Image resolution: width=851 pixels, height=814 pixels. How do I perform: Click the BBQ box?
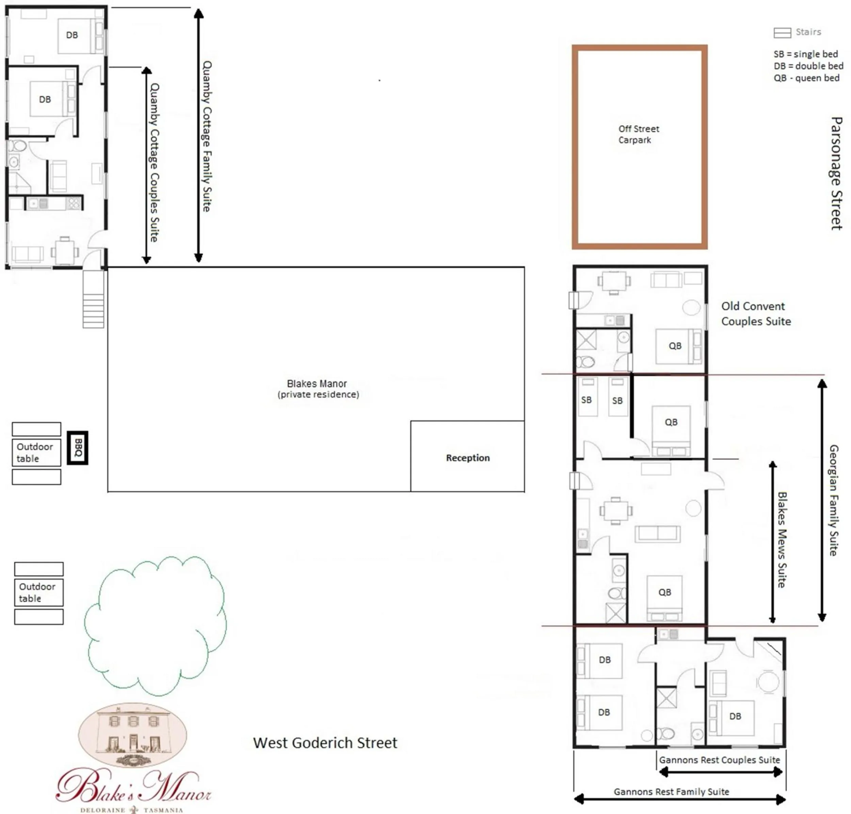coord(78,447)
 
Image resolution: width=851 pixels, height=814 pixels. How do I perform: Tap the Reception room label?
coord(468,458)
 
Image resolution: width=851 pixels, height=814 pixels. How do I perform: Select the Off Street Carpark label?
coord(638,134)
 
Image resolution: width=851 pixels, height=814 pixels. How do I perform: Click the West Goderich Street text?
coord(325,743)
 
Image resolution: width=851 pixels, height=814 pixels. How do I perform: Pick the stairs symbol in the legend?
coord(782,33)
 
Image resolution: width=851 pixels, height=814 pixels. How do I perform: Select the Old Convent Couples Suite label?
coord(755,313)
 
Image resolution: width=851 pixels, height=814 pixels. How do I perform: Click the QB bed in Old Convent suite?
coord(675,346)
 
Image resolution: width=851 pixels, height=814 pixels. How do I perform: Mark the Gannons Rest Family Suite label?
coord(671,792)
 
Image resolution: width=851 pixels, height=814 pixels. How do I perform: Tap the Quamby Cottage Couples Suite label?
coord(155,162)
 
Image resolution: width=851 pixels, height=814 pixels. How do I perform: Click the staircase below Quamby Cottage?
coord(93,299)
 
